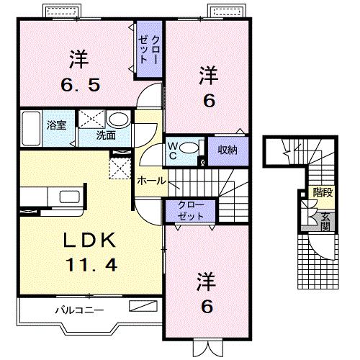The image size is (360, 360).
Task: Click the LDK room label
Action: (89, 240)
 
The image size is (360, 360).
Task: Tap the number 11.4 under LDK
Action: (91, 264)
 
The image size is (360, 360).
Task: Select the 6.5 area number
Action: (81, 85)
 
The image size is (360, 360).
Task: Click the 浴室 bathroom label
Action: (56, 125)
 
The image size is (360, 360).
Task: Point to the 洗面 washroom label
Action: (106, 135)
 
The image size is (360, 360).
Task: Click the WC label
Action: (173, 150)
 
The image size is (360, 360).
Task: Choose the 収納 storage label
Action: (228, 150)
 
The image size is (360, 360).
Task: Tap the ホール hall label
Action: (151, 181)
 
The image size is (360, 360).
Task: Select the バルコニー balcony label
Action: (79, 310)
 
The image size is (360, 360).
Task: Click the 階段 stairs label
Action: (323, 192)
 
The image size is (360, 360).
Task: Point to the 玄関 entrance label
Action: (325, 222)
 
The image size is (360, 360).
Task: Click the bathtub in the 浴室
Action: (31, 128)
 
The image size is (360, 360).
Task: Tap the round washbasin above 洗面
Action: (118, 120)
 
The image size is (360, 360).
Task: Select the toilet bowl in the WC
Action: (189, 148)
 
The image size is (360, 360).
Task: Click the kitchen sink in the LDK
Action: (70, 197)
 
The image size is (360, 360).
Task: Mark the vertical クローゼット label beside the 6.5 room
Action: (149, 50)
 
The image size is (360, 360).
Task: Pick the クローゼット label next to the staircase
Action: (191, 211)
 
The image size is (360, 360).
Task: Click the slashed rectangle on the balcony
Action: (143, 306)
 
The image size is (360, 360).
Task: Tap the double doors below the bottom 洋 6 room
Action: (208, 348)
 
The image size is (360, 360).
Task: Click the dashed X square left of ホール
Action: (120, 168)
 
